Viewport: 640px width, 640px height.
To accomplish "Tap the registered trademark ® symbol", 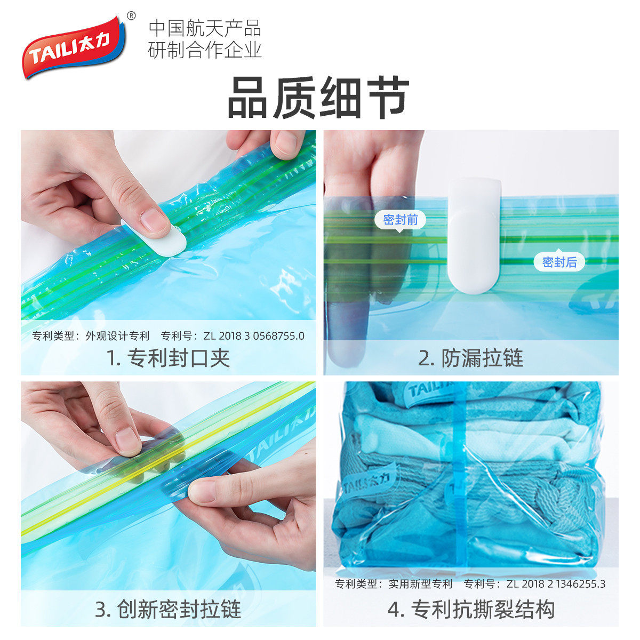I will (132, 15).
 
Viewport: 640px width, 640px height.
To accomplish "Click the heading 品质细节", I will (318, 98).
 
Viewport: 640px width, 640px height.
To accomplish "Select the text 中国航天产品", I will (205, 28).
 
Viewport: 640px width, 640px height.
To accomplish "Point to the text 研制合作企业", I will (205, 50).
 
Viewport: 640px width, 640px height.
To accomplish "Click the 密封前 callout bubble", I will (400, 220).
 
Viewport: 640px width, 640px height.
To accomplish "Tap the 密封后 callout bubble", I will (559, 262).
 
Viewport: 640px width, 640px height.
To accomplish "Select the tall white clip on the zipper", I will (474, 235).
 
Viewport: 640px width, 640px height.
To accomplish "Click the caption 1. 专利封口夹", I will (168, 358).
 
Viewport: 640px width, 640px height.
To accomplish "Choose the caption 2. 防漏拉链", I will (470, 358).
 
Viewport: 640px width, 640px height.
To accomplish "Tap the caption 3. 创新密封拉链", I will (168, 609).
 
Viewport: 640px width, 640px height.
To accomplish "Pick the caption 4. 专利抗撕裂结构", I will (471, 609).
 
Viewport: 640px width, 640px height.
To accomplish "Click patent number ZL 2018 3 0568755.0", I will (254, 336).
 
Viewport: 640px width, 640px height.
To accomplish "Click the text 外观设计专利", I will (117, 336).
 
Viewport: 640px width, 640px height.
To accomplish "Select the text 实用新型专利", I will (420, 584).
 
